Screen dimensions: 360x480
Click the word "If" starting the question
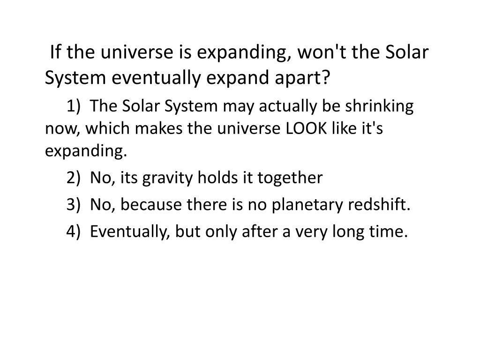coord(57,52)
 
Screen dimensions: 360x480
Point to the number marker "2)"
coord(74,178)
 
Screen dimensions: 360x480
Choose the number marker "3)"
coord(74,205)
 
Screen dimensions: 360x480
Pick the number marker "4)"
coord(74,231)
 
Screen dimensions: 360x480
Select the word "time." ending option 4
coord(392,231)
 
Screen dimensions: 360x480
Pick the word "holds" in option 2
coord(211,178)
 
